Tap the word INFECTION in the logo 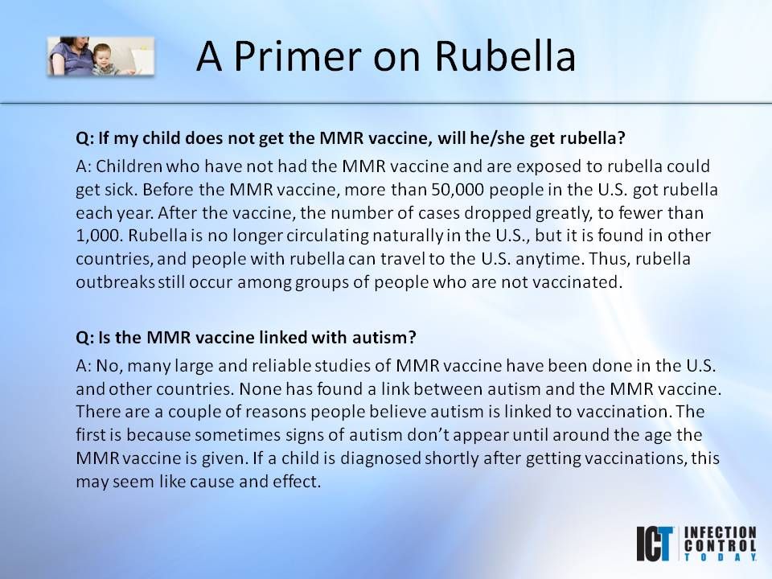click(x=720, y=532)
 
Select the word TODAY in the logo click(x=720, y=556)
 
